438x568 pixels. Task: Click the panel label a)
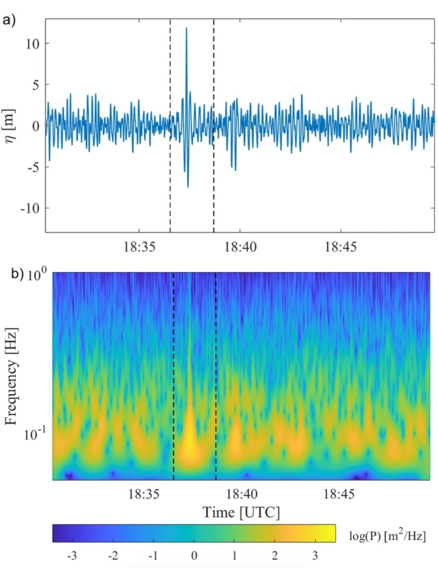[10, 18]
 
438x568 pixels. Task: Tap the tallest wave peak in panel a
[186, 28]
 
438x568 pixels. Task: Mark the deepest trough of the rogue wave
[188, 187]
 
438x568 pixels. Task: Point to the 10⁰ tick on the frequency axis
[38, 275]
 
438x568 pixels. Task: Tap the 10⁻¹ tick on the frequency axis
[36, 433]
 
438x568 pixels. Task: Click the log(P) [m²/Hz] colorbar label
[385, 533]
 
